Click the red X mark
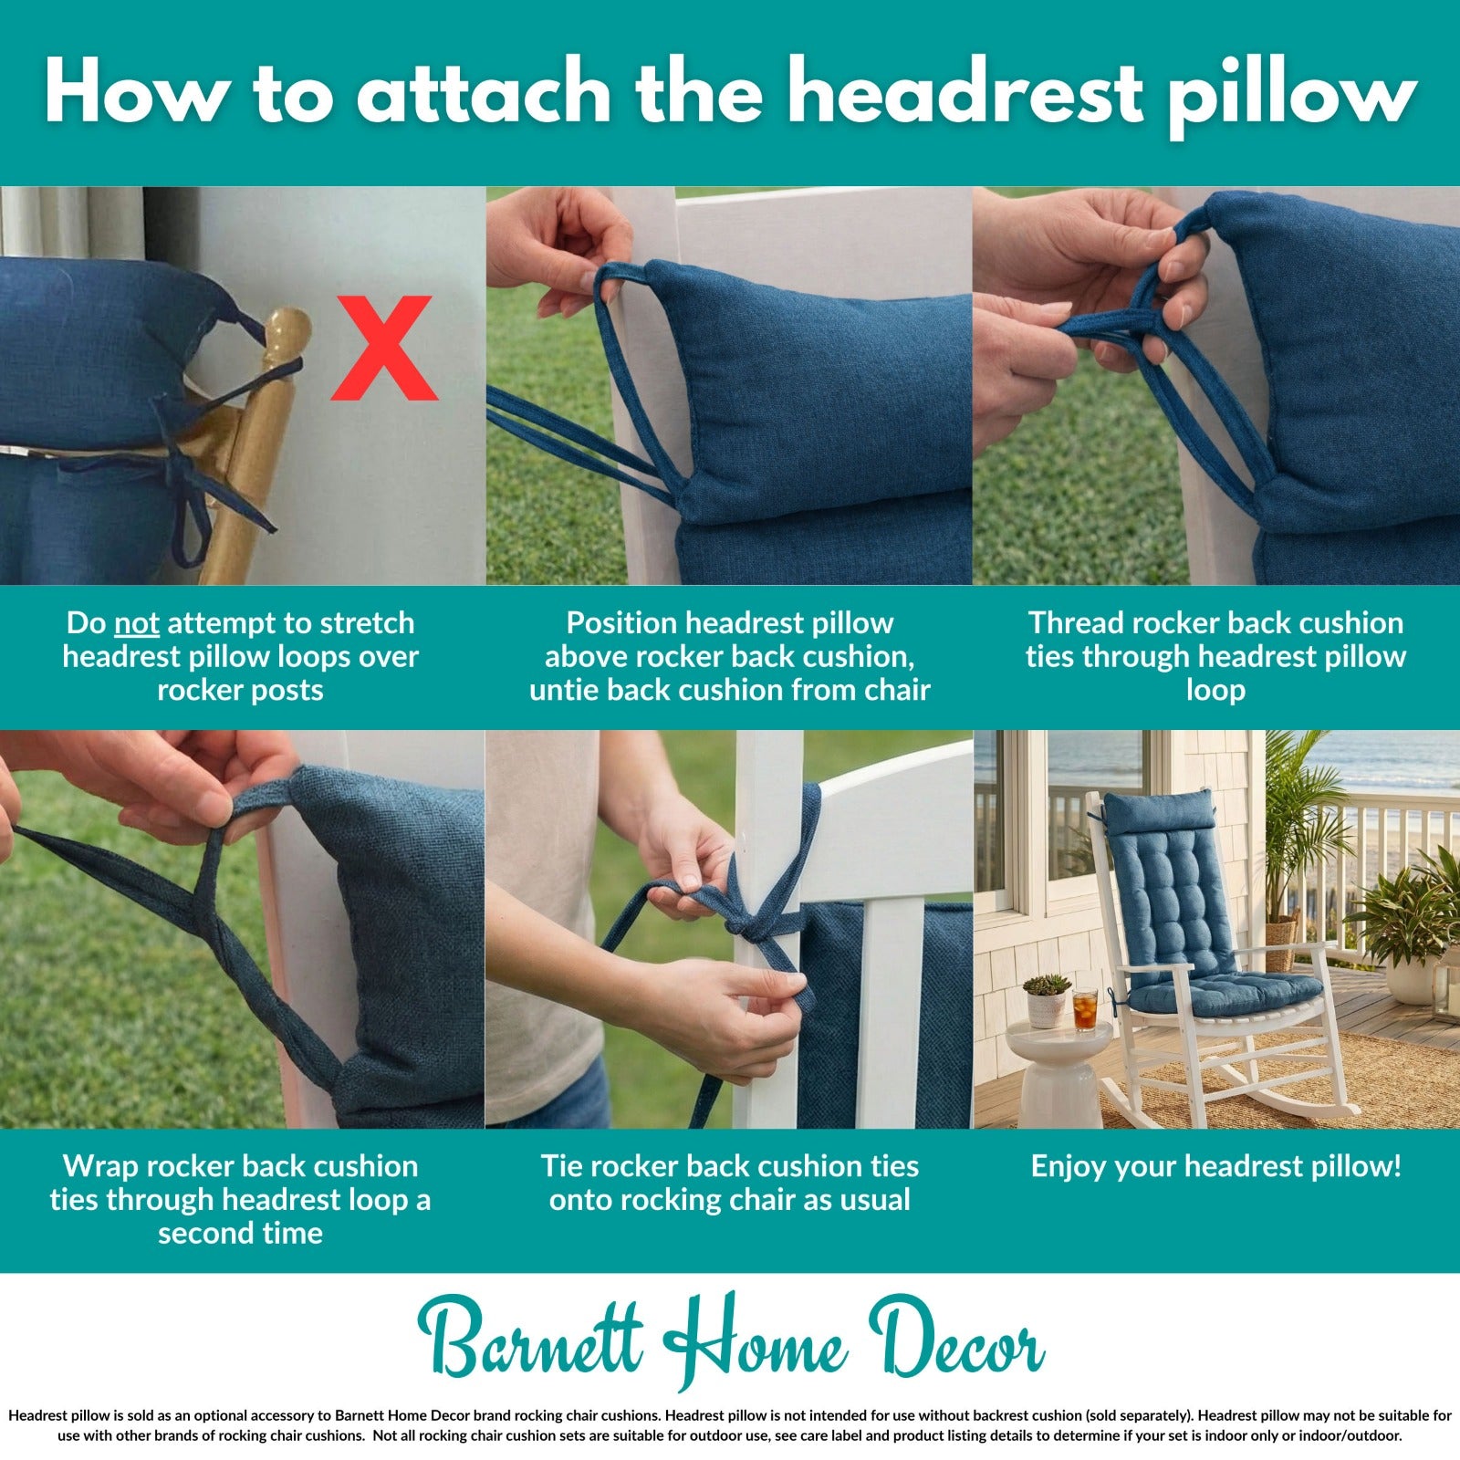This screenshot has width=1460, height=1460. [x=383, y=349]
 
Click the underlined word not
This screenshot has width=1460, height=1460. [x=137, y=623]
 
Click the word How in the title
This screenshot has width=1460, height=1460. [x=134, y=94]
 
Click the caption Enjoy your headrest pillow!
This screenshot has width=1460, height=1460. [x=1215, y=1166]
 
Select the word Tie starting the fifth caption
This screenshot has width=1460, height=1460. [x=561, y=1166]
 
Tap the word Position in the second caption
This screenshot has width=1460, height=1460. [x=620, y=623]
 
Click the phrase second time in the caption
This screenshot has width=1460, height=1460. [x=240, y=1234]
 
